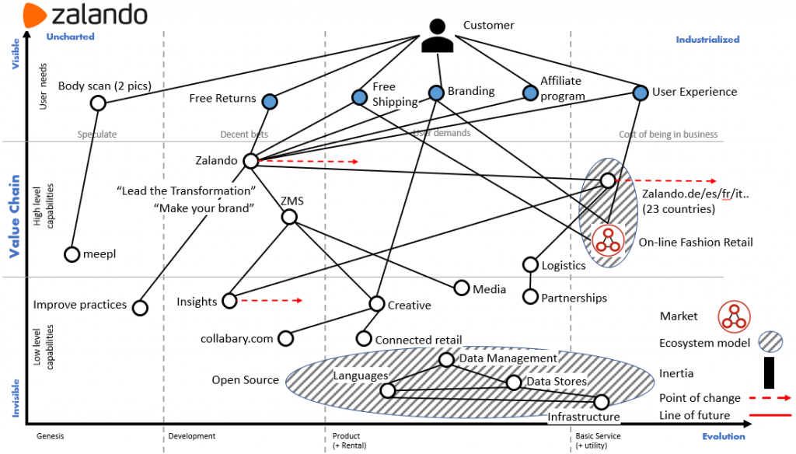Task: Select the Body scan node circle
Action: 98,103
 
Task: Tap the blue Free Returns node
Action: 270,101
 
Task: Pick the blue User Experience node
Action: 640,93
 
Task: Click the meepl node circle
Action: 72,253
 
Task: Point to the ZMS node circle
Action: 289,217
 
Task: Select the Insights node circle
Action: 229,301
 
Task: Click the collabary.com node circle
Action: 285,338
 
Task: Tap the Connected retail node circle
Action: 364,338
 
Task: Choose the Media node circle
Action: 462,288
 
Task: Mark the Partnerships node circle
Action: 530,296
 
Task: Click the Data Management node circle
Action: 446,359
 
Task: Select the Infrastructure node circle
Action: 601,401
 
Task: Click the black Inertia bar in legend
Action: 770,372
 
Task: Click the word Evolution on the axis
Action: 723,436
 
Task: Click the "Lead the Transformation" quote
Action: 187,190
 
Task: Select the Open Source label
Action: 245,380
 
